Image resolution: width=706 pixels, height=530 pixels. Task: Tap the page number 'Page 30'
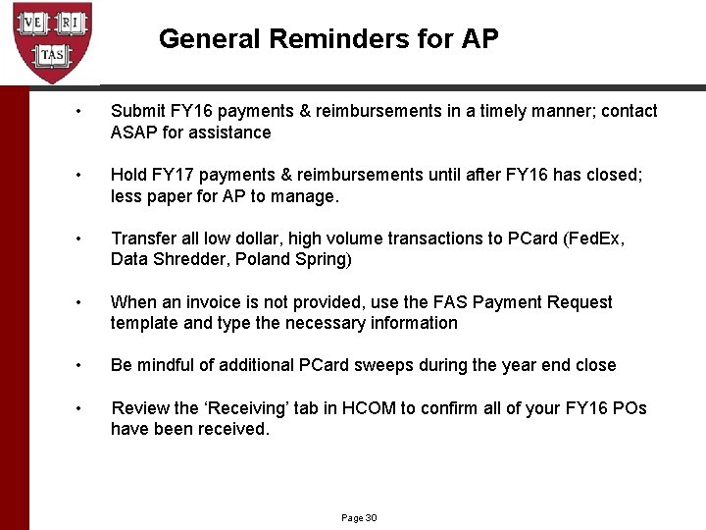(x=359, y=517)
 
